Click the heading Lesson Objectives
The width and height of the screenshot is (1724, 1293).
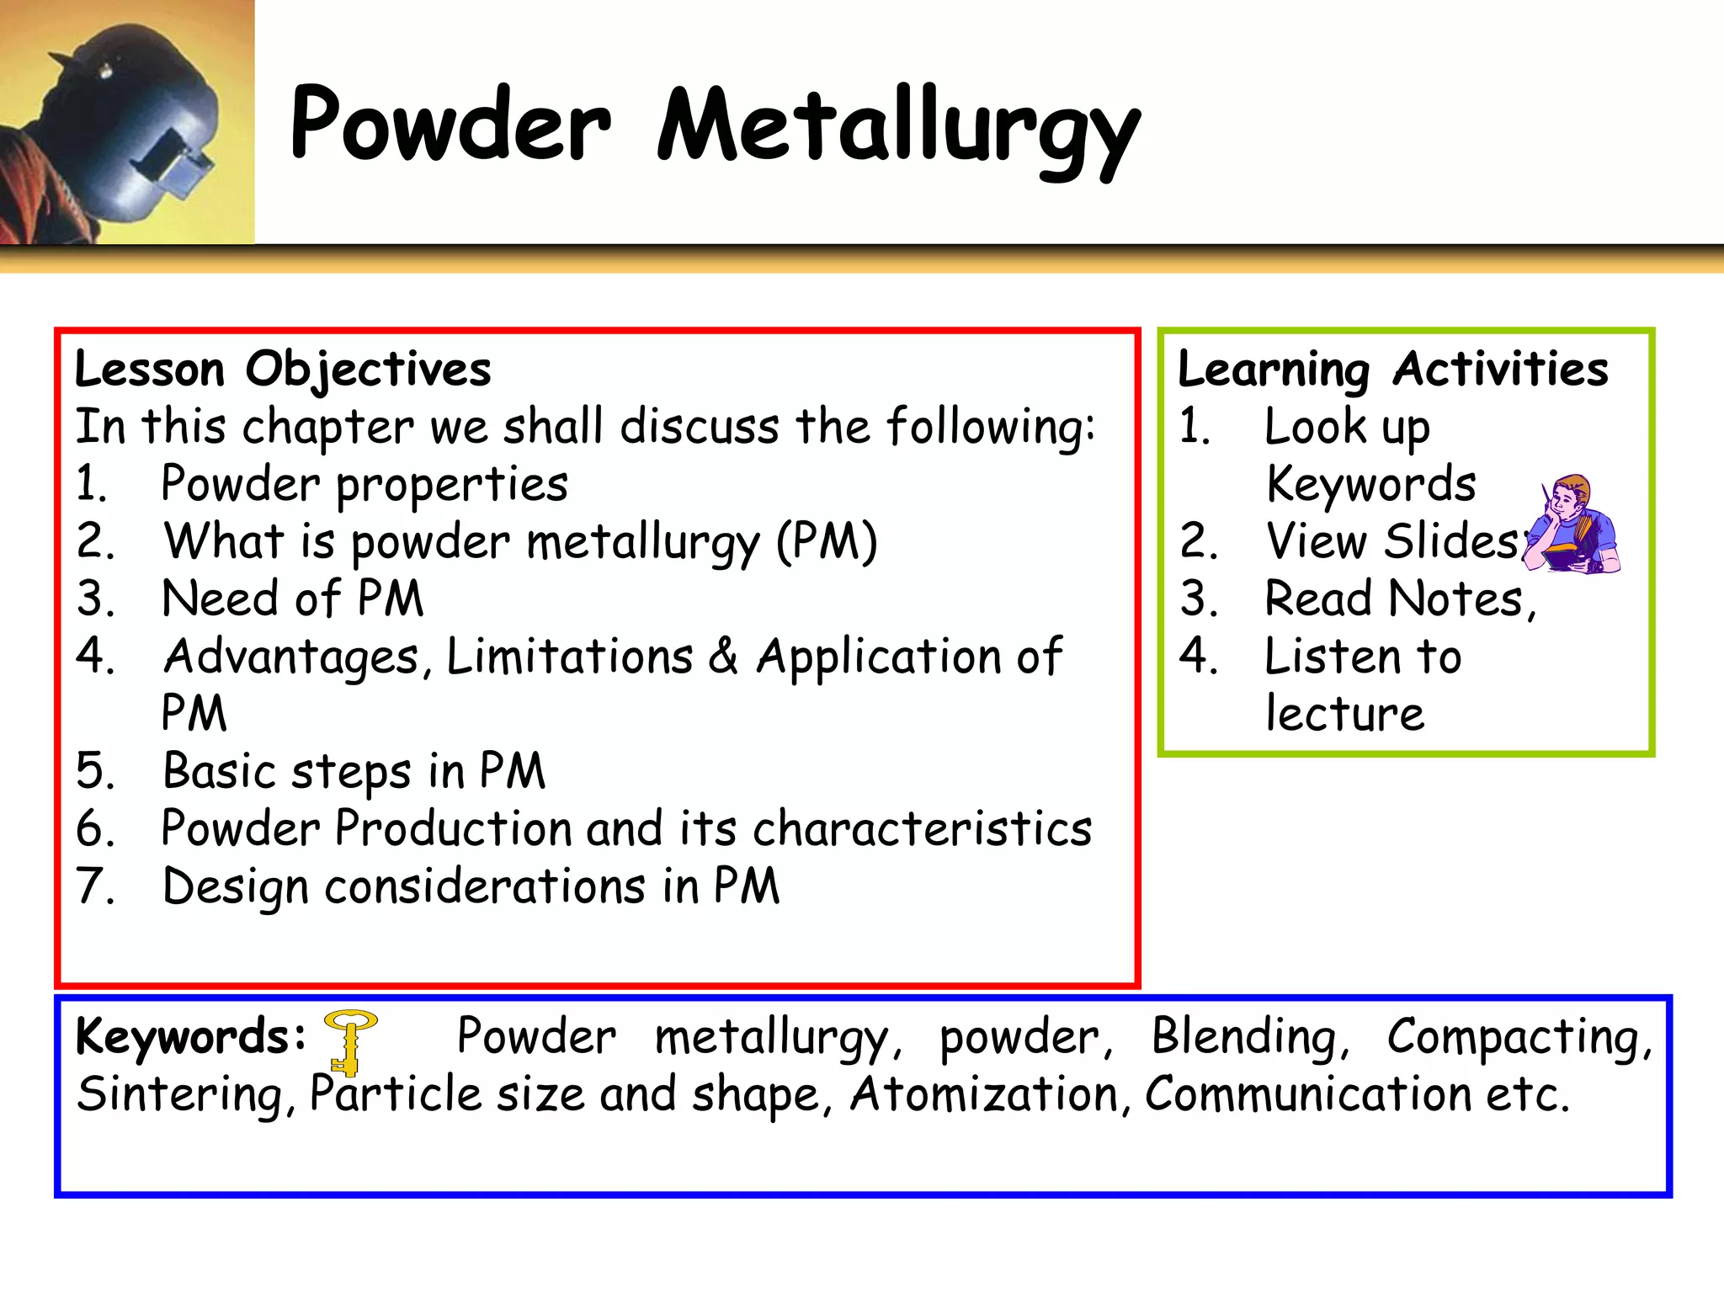[x=283, y=369]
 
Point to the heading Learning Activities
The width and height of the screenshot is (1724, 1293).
[x=1392, y=369]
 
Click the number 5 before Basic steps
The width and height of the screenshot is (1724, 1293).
[x=94, y=771]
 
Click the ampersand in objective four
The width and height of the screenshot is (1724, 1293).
[x=723, y=657]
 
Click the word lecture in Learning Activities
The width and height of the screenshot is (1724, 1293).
[x=1345, y=714]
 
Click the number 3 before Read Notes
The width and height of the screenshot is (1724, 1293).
[x=1198, y=599]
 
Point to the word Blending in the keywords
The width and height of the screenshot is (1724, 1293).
[x=1249, y=1037]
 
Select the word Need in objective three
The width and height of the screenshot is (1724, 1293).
[x=219, y=599]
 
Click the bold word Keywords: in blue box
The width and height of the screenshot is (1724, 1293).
[x=190, y=1037]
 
